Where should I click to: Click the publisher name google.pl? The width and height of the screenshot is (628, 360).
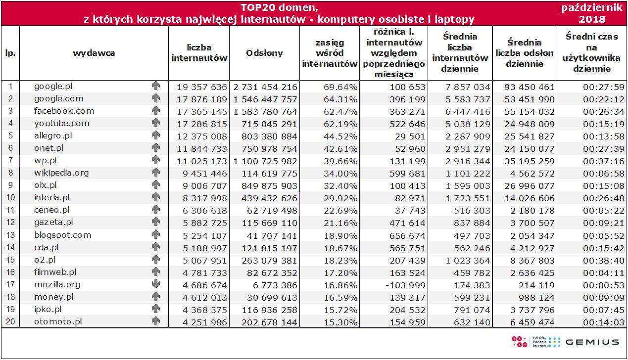tap(54, 87)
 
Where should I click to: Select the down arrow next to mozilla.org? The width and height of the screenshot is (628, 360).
tap(156, 284)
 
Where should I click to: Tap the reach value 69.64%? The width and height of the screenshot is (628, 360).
tap(339, 87)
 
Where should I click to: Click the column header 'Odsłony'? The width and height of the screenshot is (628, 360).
tap(264, 53)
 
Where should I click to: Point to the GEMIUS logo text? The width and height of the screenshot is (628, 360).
tap(592, 342)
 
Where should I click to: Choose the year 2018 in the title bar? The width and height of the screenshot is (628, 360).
tap(592, 19)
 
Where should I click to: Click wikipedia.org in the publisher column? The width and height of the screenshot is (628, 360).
tap(61, 173)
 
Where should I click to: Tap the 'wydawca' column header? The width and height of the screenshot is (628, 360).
tap(94, 53)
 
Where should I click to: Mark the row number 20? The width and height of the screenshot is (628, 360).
tap(10, 321)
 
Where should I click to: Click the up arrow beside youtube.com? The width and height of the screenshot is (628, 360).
tap(156, 124)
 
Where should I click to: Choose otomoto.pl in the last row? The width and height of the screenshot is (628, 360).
tap(57, 321)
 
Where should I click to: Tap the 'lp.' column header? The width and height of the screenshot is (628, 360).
tap(10, 53)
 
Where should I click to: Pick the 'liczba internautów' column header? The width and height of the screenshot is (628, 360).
tap(199, 53)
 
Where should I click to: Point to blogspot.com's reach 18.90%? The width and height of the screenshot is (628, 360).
tap(339, 235)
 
